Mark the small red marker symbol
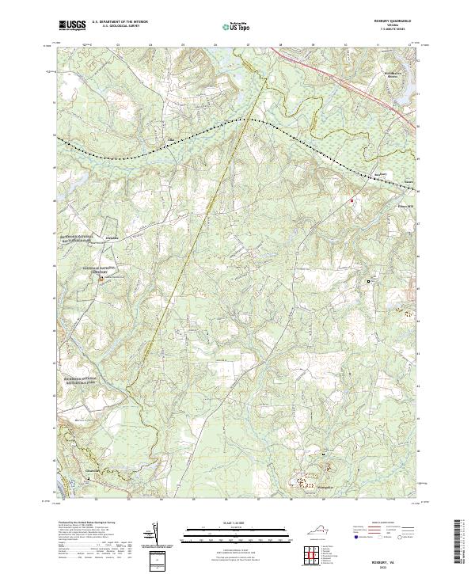coord(351,201)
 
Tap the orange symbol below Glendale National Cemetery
coord(101,278)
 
